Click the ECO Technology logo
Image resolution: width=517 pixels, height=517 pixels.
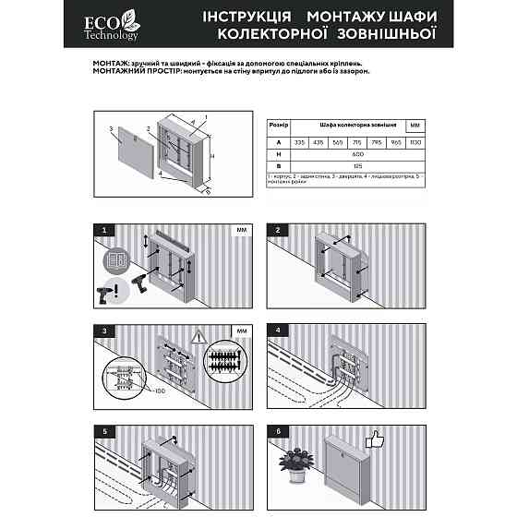point(116,27)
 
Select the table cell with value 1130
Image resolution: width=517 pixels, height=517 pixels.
point(415,141)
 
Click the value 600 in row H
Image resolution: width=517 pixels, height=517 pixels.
point(357,153)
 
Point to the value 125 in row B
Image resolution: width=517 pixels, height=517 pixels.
point(357,165)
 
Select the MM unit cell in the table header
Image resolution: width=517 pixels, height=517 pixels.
point(415,124)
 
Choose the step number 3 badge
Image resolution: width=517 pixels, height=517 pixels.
point(106,330)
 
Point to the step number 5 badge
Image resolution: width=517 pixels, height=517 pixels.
point(106,431)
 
